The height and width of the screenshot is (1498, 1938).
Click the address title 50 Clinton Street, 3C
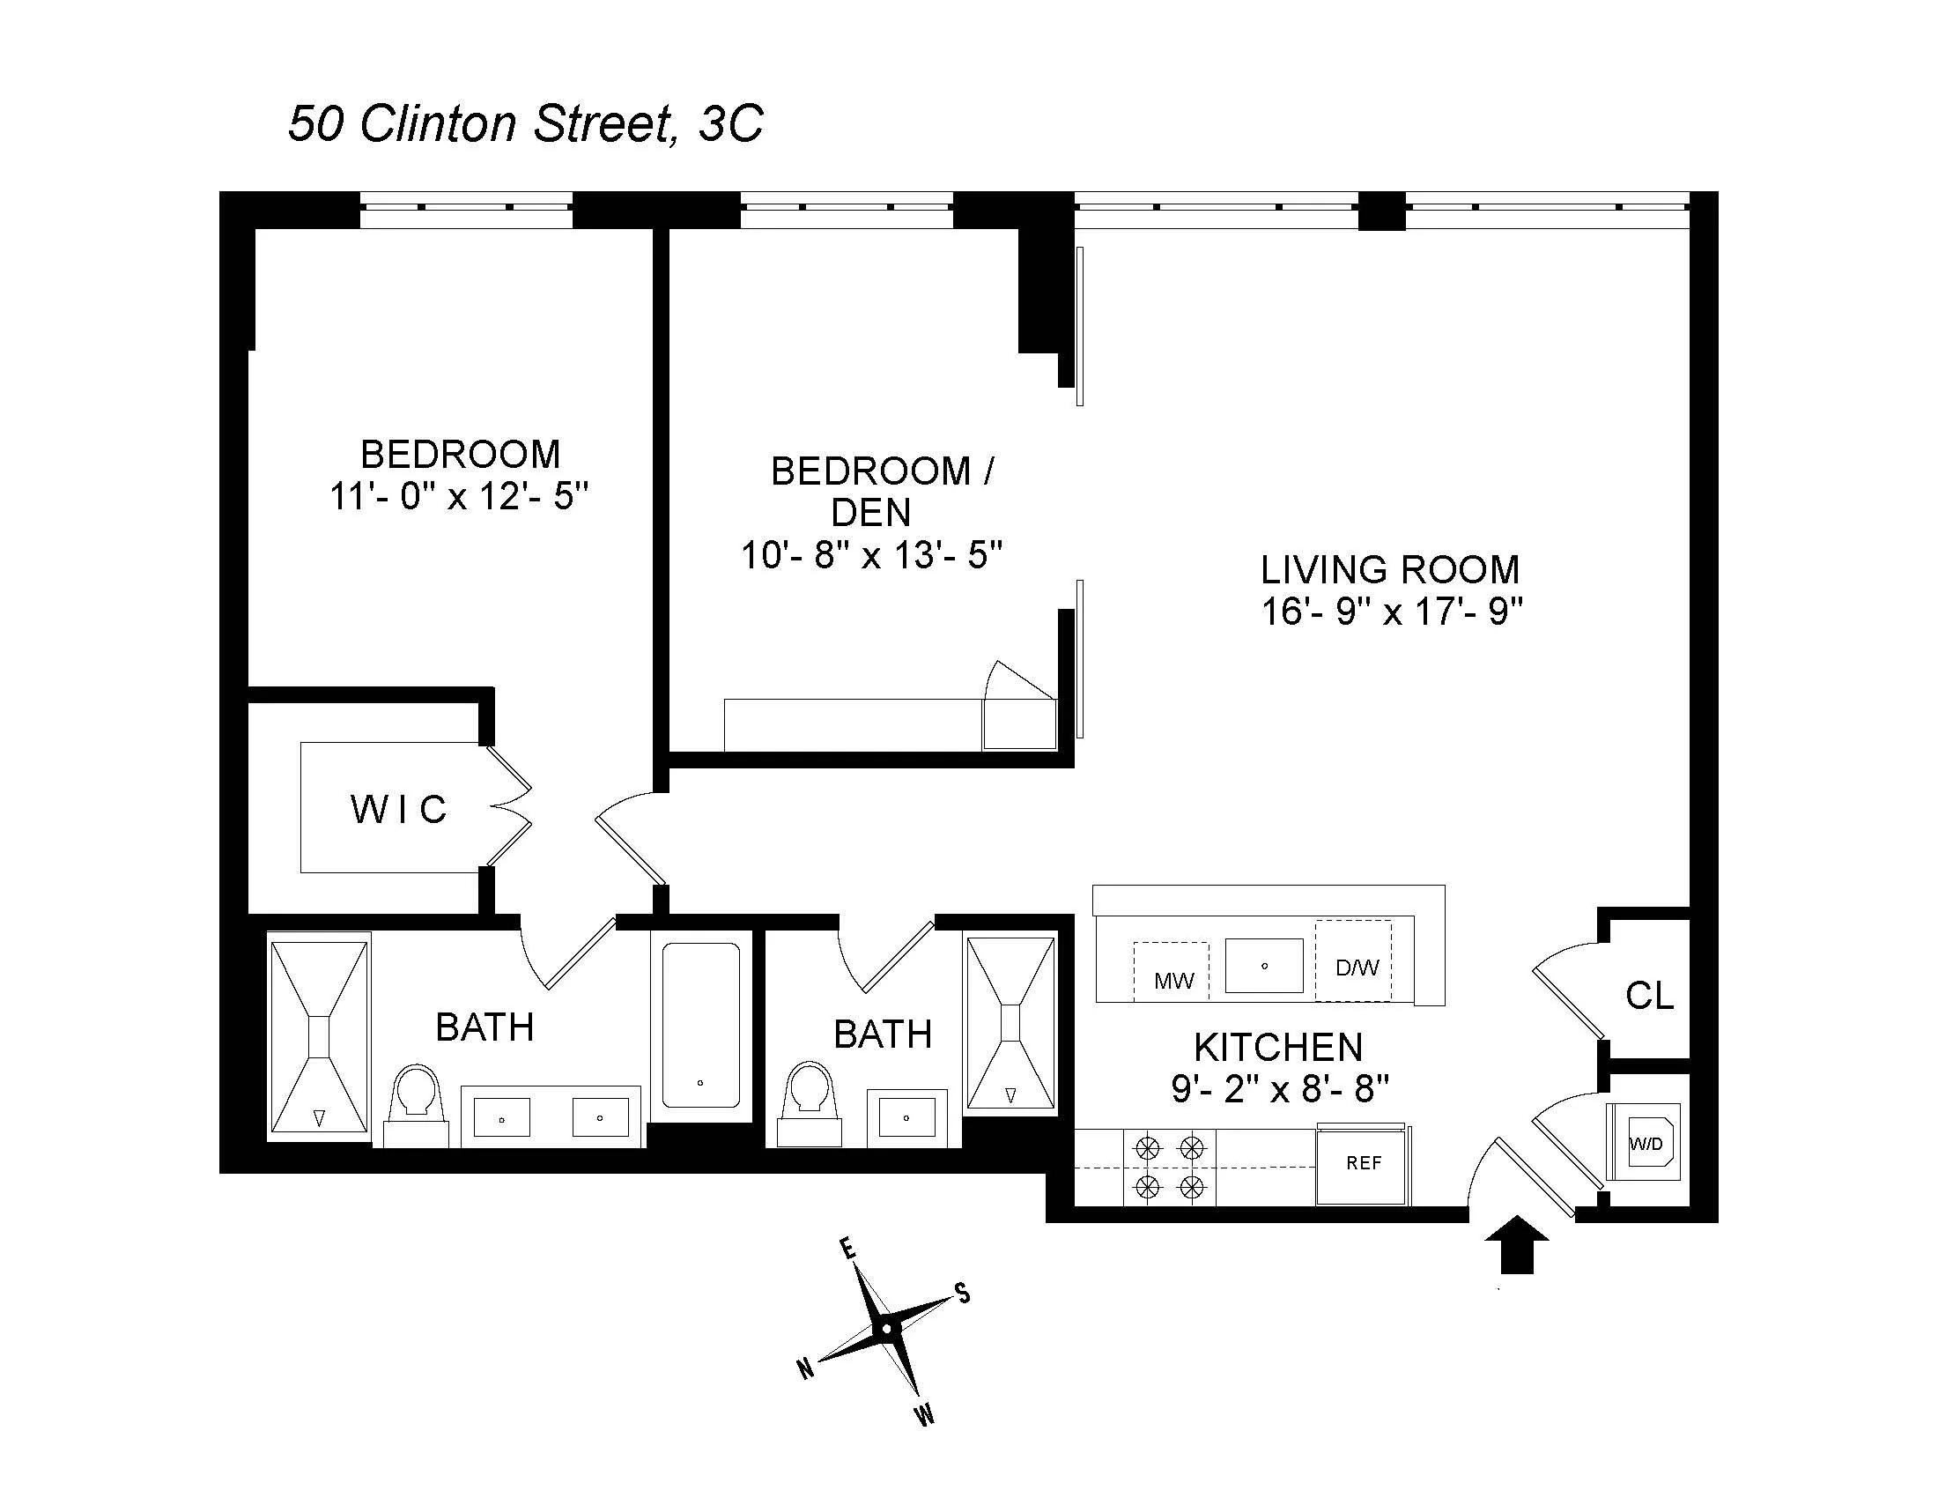(x=525, y=123)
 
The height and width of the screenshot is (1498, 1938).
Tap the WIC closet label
(x=398, y=809)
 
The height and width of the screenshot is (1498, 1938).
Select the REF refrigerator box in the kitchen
(x=1362, y=1163)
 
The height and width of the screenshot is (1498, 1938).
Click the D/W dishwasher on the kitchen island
(x=1356, y=968)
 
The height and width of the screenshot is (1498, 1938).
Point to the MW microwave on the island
(x=1172, y=980)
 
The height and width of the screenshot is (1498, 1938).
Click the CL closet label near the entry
(x=1649, y=996)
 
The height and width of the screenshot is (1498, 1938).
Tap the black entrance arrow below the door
(x=1517, y=1244)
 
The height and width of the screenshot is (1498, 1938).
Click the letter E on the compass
(x=847, y=1250)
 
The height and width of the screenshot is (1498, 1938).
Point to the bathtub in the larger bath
(x=700, y=1025)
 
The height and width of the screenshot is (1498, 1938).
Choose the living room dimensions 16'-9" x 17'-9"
(x=1391, y=612)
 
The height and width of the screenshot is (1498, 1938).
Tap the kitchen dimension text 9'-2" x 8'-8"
(x=1279, y=1089)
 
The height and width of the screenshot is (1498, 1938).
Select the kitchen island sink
(x=1263, y=966)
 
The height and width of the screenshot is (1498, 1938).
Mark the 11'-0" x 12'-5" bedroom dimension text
(x=459, y=497)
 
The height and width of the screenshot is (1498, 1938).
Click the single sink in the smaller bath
(x=906, y=1117)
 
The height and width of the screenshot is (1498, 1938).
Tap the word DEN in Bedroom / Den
(x=869, y=513)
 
